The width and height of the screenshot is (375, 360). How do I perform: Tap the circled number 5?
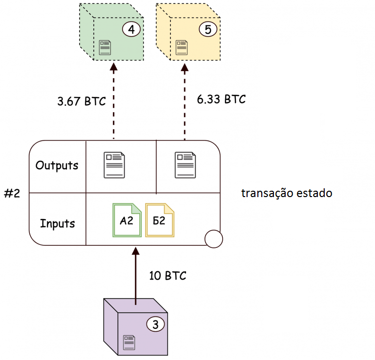[x=208, y=29]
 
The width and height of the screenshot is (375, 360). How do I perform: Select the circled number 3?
[x=155, y=324]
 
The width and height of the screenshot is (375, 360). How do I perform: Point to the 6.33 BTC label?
[x=221, y=99]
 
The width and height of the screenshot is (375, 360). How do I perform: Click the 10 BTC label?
[x=167, y=276]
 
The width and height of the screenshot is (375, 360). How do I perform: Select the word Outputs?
[x=57, y=165]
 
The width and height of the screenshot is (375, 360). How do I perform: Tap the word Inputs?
[x=58, y=224]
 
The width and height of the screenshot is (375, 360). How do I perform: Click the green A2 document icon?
[x=126, y=220]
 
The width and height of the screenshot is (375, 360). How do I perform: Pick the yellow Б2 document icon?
[x=160, y=220]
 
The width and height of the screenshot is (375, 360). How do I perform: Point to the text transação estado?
[x=287, y=193]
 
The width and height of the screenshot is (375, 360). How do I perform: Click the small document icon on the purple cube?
[x=129, y=341]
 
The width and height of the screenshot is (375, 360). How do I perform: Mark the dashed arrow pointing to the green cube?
[x=114, y=102]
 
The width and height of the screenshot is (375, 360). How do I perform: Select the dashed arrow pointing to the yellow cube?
[x=185, y=102]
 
